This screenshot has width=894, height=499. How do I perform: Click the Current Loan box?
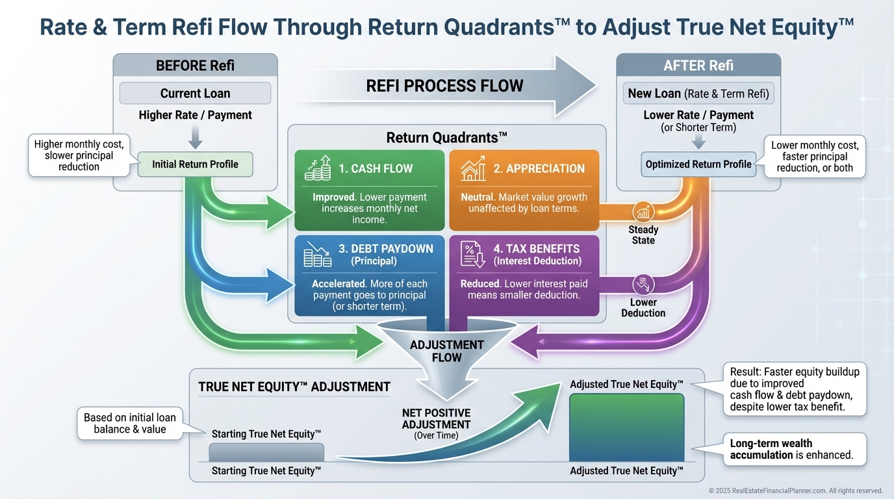pyautogui.click(x=195, y=93)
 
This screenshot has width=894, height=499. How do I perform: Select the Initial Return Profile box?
pyautogui.click(x=195, y=164)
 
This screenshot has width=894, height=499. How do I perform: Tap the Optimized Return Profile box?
pyautogui.click(x=698, y=164)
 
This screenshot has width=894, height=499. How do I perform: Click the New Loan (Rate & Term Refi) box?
pyautogui.click(x=698, y=93)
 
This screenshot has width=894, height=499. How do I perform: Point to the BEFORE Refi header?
pyautogui.click(x=195, y=66)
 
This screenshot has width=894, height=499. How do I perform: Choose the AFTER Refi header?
pyautogui.click(x=698, y=66)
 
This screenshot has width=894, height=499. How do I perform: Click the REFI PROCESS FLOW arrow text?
pyautogui.click(x=444, y=85)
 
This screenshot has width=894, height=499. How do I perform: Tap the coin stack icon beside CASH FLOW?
pyautogui.click(x=317, y=168)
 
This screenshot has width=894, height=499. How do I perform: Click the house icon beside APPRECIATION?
pyautogui.click(x=473, y=168)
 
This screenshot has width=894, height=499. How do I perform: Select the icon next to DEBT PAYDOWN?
pyautogui.click(x=317, y=253)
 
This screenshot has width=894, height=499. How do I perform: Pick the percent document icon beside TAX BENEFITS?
pyautogui.click(x=473, y=253)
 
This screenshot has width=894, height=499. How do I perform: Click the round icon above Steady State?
pyautogui.click(x=643, y=212)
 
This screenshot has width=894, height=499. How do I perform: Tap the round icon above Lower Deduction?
pyautogui.click(x=643, y=284)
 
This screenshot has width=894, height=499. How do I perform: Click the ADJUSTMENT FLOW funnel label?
pyautogui.click(x=446, y=351)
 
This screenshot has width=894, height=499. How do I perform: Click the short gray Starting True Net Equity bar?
pyautogui.click(x=266, y=452)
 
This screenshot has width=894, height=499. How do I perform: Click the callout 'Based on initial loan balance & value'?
pyautogui.click(x=130, y=424)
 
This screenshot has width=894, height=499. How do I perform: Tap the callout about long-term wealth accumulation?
pyautogui.click(x=795, y=449)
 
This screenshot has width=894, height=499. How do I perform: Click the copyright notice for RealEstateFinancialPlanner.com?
pyautogui.click(x=795, y=491)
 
